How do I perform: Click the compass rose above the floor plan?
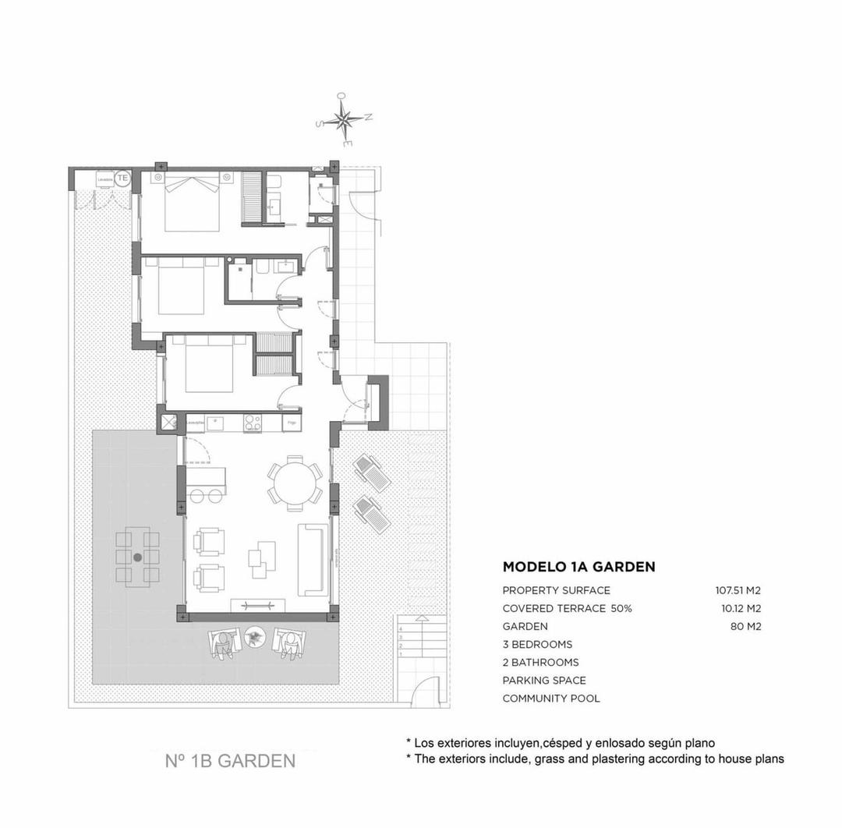344,119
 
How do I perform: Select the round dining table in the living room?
295,483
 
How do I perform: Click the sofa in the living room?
312,558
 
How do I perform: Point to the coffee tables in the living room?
262,558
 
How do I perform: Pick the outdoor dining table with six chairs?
138,557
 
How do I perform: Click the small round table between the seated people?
253,639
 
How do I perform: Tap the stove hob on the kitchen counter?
253,423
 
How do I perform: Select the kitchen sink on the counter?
216,423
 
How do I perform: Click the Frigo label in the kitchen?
292,423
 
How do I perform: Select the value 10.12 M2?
736,608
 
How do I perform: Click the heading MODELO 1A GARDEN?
578,567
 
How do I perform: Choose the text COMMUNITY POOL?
551,699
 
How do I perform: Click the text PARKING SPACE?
544,681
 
